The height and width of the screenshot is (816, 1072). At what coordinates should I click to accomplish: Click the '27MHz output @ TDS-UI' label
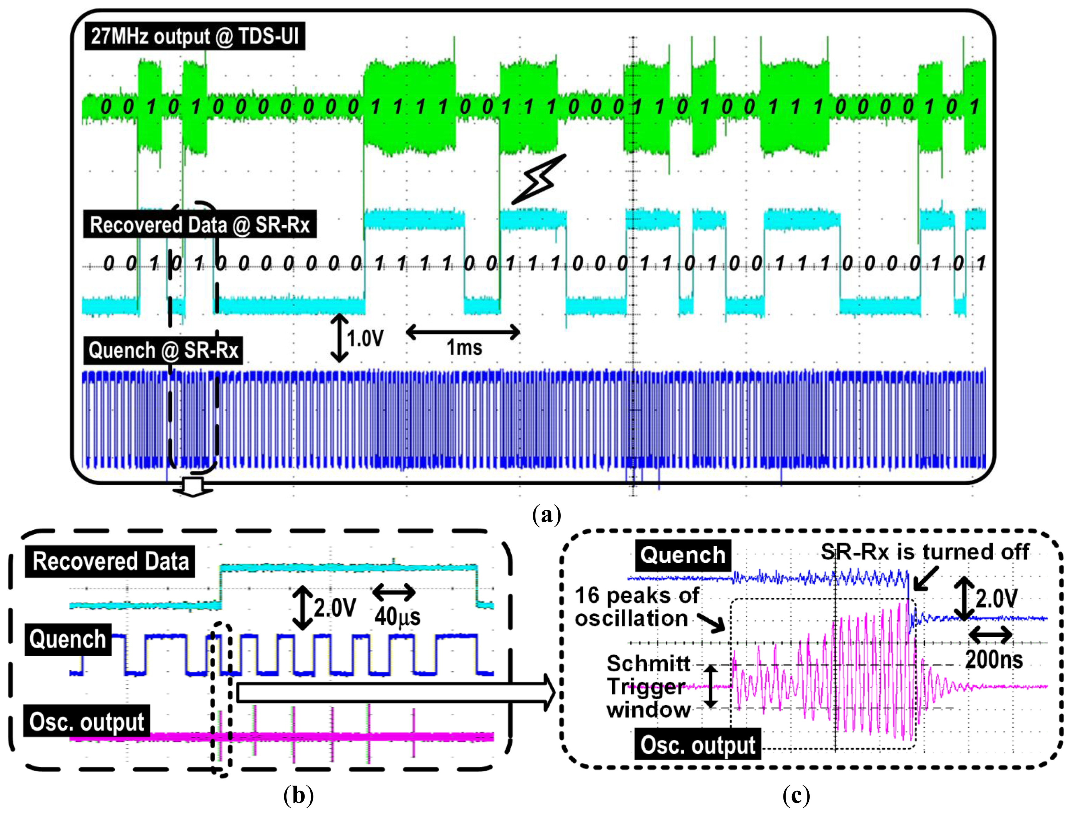[195, 36]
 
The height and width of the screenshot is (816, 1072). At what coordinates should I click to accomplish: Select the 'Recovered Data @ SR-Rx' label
[199, 225]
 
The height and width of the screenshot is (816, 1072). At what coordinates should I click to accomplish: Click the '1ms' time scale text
[464, 348]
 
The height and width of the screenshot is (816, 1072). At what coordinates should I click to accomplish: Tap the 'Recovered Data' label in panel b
[110, 561]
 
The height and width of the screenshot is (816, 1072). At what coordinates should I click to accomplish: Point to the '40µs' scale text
[397, 616]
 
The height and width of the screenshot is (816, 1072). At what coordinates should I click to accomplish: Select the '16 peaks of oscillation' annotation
[637, 607]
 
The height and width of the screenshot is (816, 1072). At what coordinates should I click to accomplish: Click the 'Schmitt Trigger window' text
[648, 687]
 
